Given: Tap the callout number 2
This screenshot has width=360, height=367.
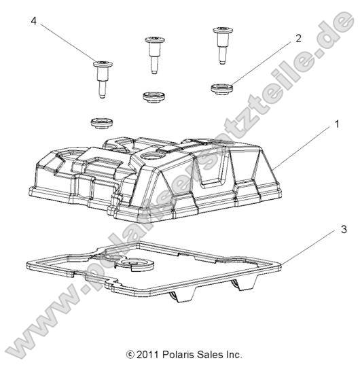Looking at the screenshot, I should [298, 39].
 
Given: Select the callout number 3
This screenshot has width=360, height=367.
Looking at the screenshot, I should [344, 230].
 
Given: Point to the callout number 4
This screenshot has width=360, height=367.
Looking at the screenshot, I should [33, 21].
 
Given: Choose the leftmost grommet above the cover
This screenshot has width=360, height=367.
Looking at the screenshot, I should [101, 122].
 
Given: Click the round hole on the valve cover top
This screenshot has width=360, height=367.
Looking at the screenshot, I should [167, 159].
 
